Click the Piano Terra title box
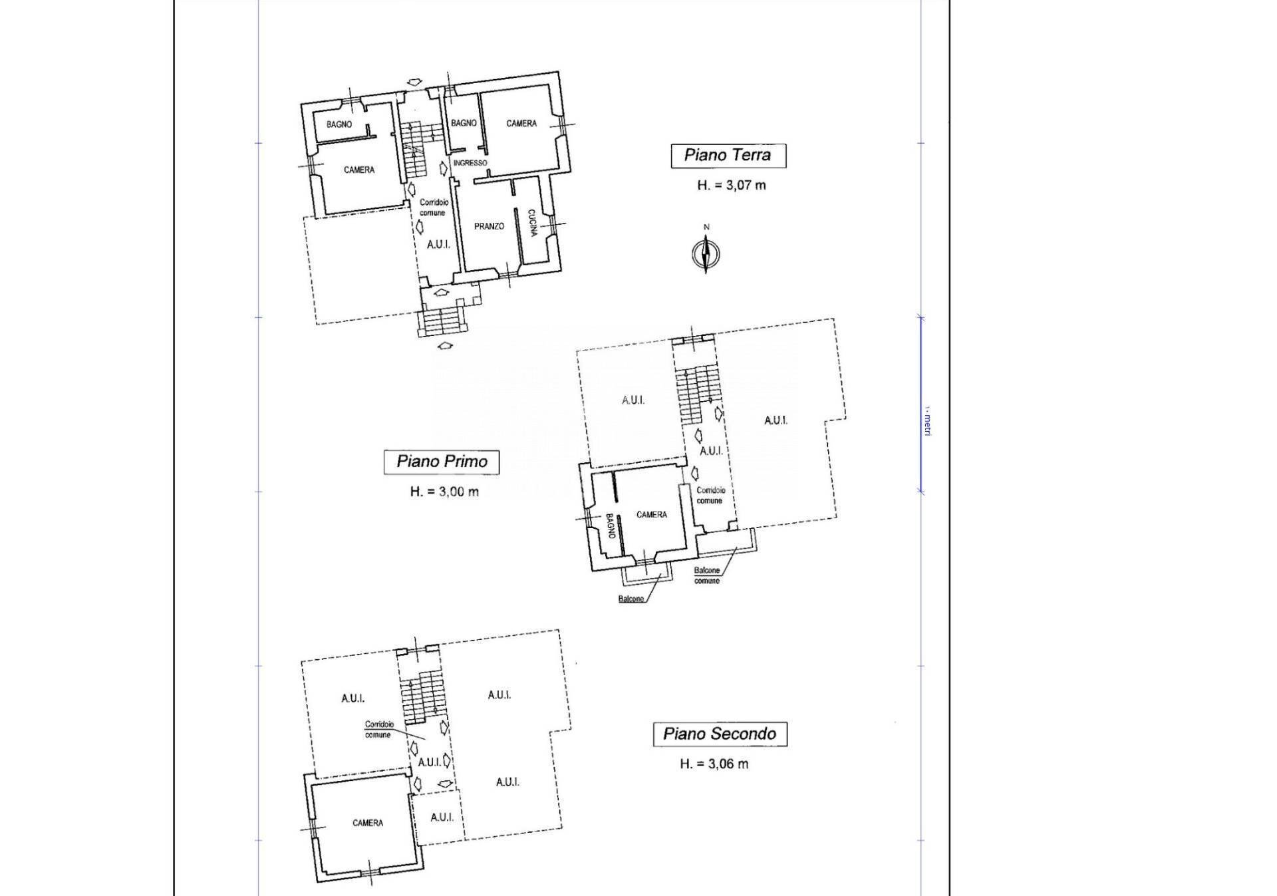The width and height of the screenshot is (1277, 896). [x=728, y=156]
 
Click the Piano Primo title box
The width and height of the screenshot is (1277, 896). [x=442, y=462]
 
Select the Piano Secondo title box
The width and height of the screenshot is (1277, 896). [x=720, y=734]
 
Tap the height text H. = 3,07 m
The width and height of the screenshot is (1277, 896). [x=731, y=185]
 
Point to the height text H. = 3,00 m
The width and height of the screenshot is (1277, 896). [x=444, y=492]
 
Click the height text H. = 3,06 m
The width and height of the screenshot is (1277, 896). [x=714, y=764]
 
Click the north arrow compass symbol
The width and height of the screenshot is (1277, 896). [x=706, y=253]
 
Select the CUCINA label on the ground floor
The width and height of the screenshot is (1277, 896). [x=532, y=223]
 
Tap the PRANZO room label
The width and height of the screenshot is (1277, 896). [x=489, y=226]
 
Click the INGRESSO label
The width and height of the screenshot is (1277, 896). [x=470, y=163]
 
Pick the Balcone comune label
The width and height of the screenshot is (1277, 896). [x=706, y=575]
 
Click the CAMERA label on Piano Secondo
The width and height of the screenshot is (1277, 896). [x=367, y=823]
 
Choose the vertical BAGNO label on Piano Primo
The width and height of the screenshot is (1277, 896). [x=609, y=527]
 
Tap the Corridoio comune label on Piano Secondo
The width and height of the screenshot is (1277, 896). [x=378, y=729]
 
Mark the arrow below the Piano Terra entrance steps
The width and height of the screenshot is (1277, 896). [x=444, y=345]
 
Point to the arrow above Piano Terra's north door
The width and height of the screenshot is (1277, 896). [x=414, y=82]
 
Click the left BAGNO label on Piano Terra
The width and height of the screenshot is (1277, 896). [x=339, y=124]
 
